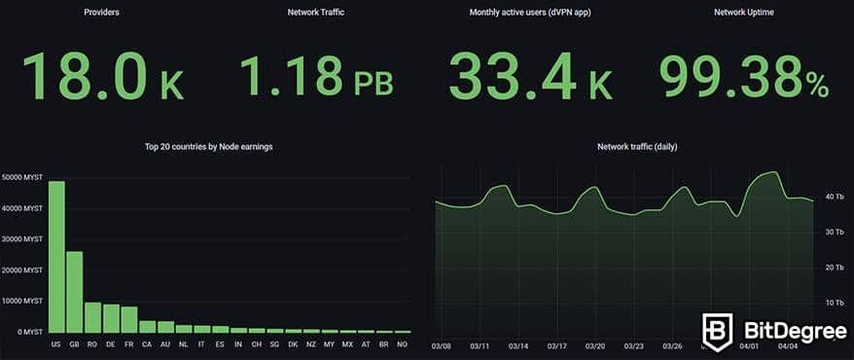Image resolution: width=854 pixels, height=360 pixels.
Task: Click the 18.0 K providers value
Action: click(x=102, y=77)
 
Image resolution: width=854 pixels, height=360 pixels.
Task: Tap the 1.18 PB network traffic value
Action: click(x=316, y=77)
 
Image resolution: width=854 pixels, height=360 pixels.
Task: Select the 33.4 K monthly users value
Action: click(x=530, y=77)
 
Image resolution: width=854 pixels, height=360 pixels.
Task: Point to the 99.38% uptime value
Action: click(x=744, y=77)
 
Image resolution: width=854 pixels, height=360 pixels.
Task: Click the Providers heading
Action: click(x=102, y=14)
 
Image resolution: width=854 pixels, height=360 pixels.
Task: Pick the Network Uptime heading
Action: click(x=744, y=14)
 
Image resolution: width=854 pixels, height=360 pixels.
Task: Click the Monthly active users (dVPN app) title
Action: click(x=530, y=14)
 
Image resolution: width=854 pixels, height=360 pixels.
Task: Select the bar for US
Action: click(x=56, y=257)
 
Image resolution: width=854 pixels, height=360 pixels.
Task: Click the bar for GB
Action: click(x=74, y=292)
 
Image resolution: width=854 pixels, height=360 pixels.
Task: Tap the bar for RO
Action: click(x=92, y=317)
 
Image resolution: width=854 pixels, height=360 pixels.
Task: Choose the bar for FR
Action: click(x=129, y=319)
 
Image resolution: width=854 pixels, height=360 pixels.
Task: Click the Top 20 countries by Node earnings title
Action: click(x=208, y=147)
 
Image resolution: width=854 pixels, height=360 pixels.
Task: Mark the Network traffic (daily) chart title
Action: click(x=637, y=147)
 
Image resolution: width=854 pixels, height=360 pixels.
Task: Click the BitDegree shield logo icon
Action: click(x=718, y=331)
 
